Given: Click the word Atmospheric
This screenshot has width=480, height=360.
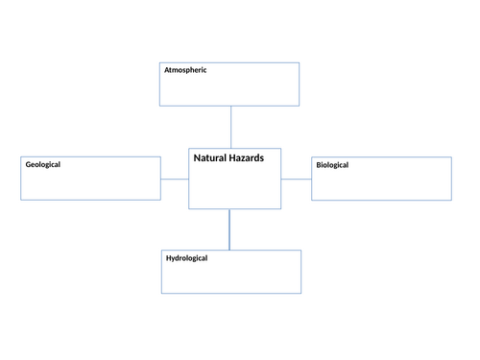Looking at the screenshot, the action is pyautogui.click(x=185, y=70).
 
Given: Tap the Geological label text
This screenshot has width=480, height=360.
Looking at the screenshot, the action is pyautogui.click(x=43, y=164).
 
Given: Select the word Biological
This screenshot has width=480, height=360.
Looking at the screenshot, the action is pyautogui.click(x=332, y=165).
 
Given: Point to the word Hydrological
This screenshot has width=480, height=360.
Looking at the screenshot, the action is pyautogui.click(x=186, y=258).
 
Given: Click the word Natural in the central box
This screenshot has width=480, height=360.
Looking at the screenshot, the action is pyautogui.click(x=212, y=157).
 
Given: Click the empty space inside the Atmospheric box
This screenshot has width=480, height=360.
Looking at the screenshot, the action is pyautogui.click(x=230, y=90).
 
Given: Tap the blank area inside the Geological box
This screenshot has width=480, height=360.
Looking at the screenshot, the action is pyautogui.click(x=91, y=185).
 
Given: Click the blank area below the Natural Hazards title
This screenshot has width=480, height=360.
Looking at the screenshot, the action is pyautogui.click(x=234, y=187).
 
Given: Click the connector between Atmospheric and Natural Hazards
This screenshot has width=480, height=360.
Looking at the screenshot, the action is pyautogui.click(x=231, y=127).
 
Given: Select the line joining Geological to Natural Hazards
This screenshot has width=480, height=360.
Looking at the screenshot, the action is pyautogui.click(x=175, y=179).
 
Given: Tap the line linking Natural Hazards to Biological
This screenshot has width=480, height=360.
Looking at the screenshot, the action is pyautogui.click(x=296, y=179).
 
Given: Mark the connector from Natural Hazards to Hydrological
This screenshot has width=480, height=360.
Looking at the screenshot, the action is pyautogui.click(x=229, y=229).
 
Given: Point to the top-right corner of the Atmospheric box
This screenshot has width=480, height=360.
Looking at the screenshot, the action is pyautogui.click(x=299, y=63).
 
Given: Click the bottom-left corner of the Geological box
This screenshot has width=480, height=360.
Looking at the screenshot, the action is pyautogui.click(x=21, y=200).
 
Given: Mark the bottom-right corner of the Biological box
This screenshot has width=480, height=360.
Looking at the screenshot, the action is pyautogui.click(x=451, y=200).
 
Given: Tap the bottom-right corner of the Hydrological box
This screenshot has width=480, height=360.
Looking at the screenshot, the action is pyautogui.click(x=300, y=293).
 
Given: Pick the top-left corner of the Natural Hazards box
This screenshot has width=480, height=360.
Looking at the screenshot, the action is pyautogui.click(x=188, y=149).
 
